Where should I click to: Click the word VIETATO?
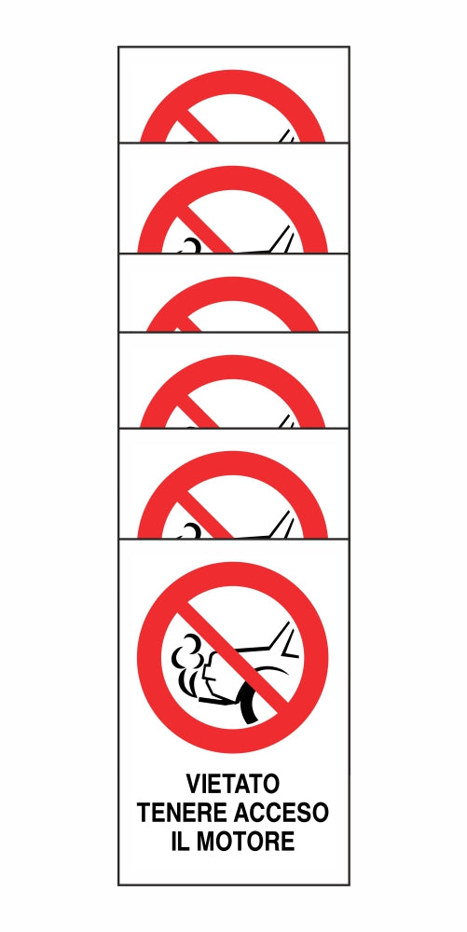pyautogui.click(x=232, y=784)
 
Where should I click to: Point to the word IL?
pyautogui.click(x=180, y=841)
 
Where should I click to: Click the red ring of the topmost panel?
pyautogui.click(x=232, y=77)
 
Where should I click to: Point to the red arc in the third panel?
pyautogui.click(x=232, y=284)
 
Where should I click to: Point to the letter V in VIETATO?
pyautogui.click(x=193, y=784)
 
